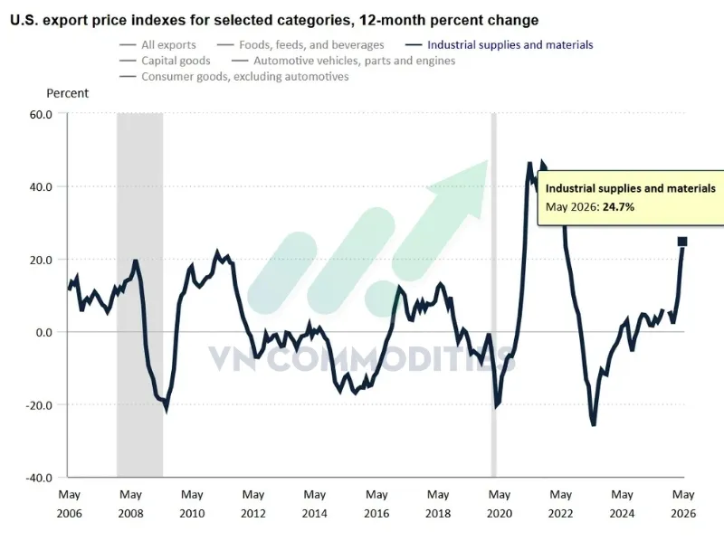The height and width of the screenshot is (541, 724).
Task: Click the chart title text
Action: (x=274, y=20)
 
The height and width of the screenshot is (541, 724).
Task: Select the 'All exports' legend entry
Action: (x=157, y=44)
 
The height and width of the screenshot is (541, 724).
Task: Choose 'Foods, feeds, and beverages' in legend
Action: (x=300, y=44)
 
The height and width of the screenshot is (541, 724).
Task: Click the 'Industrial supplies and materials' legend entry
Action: (x=500, y=44)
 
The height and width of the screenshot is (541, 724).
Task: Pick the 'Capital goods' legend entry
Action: (x=165, y=61)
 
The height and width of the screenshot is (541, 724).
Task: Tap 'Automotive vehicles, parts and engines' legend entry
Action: (x=343, y=61)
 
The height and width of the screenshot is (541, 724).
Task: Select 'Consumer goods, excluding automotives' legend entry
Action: (x=233, y=76)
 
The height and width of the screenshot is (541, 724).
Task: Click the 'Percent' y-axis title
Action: (x=67, y=93)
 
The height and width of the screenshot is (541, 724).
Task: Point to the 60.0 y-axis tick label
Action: (x=41, y=114)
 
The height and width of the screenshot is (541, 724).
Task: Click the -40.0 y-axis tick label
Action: (x=39, y=478)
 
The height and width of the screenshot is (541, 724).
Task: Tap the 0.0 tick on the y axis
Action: (x=43, y=332)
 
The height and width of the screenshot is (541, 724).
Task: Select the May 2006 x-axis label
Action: (x=70, y=504)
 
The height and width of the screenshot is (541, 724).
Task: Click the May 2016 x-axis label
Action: (x=376, y=504)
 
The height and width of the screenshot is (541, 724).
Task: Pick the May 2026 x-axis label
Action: (x=683, y=504)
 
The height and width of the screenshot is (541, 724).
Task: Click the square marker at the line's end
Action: (x=682, y=242)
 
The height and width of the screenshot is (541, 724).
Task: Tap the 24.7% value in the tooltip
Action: (x=618, y=207)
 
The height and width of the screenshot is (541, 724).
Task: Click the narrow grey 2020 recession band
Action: (x=493, y=295)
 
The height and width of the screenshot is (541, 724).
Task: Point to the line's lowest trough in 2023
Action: (x=594, y=424)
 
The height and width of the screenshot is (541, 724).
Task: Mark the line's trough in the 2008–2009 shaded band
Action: (x=166, y=409)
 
